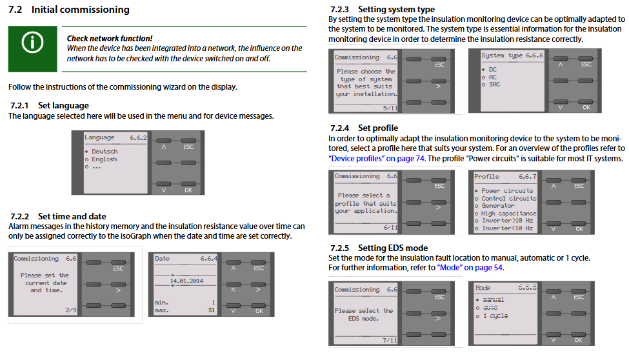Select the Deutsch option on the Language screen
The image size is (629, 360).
click(105, 152)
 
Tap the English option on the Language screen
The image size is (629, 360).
click(104, 159)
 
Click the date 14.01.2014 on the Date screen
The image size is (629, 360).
click(186, 281)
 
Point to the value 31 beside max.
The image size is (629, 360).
click(210, 311)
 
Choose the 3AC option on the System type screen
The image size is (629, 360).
click(494, 85)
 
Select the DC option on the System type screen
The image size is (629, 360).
click(493, 69)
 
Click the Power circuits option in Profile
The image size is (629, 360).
click(508, 191)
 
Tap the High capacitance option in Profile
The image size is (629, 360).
click(508, 213)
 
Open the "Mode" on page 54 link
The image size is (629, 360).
click(470, 268)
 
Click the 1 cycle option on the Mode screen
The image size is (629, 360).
click(495, 316)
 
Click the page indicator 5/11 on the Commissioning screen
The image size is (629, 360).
click(390, 108)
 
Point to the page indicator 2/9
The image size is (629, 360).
click(70, 310)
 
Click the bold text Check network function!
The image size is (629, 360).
click(110, 39)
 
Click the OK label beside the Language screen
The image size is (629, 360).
click(188, 190)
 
